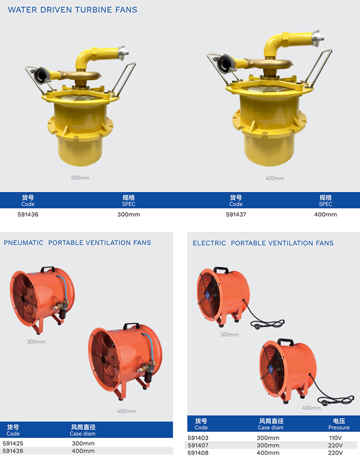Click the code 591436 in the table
point(28,214)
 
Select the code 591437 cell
point(236,214)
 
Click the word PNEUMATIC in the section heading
point(23,243)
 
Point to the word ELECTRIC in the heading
point(209,243)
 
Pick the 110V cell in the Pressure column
point(335,438)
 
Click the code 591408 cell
point(198,453)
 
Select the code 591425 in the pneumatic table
point(13,443)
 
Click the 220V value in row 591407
point(335,445)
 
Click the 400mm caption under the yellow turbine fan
point(274,178)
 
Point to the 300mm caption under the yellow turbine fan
point(80,178)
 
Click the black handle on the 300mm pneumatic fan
point(48,269)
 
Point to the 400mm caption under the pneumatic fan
point(126,411)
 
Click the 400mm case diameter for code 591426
point(83,451)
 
